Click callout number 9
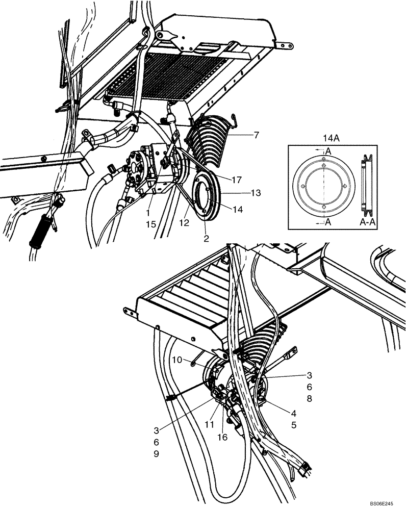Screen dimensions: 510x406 coord(157,453)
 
